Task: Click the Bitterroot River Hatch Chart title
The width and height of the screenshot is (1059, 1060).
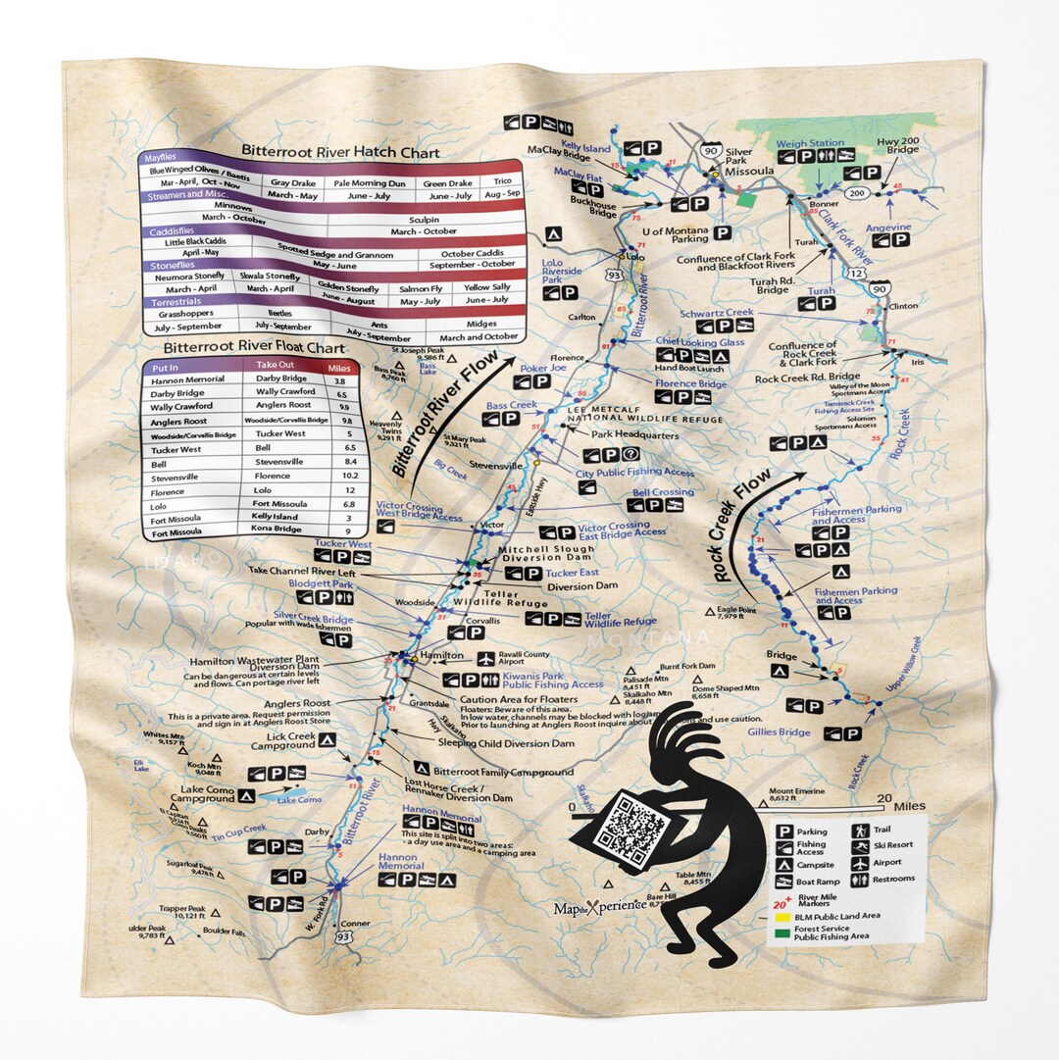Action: tap(340, 153)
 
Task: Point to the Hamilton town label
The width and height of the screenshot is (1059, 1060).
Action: tap(440, 655)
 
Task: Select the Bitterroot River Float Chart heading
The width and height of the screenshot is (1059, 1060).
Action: tap(254, 347)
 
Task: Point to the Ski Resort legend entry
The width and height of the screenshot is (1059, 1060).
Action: tap(893, 846)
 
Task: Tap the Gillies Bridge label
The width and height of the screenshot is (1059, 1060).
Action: tap(777, 732)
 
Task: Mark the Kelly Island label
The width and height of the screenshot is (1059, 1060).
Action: tap(585, 149)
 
